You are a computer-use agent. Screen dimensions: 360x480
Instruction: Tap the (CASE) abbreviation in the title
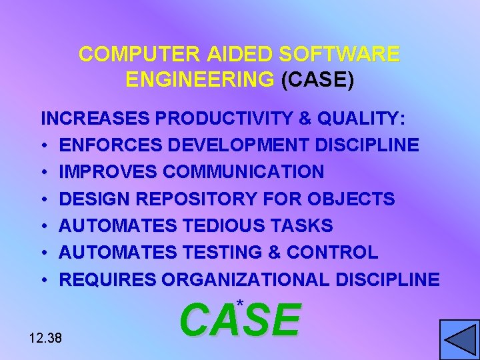tap(317, 80)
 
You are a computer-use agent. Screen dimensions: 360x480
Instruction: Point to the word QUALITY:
tap(361, 119)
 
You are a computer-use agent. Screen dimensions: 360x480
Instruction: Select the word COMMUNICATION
tap(243, 172)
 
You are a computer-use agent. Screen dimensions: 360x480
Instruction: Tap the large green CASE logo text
tap(240, 321)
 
